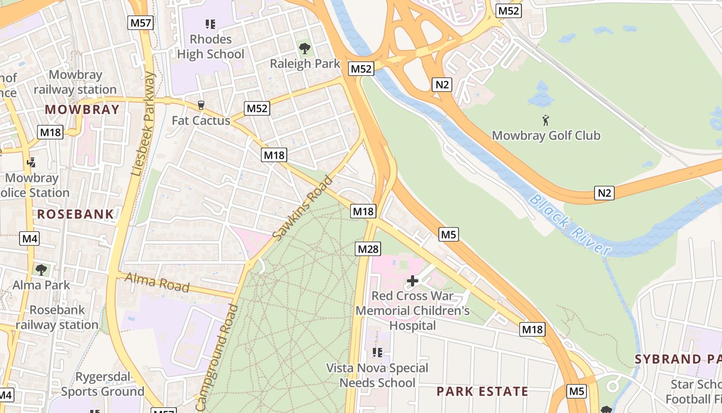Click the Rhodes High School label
pos(210,46)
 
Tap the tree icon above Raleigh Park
pos(305,49)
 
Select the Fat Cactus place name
pos(201,120)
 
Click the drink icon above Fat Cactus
pos(201,105)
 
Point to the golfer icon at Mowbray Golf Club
pos(546,120)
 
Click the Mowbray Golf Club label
pos(546,135)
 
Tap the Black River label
pos(570,225)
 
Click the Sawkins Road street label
pos(303,209)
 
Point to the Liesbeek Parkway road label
pos(143,124)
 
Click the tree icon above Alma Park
pos(41,269)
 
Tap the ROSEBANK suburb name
pos(75,214)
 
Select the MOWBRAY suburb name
pos(82,109)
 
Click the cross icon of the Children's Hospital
pos(413,280)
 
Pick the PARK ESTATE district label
pos(482,391)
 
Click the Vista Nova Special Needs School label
pos(378,375)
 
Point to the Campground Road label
pos(217,358)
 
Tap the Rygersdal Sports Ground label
pos(103,384)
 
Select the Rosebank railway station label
pos(57,317)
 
